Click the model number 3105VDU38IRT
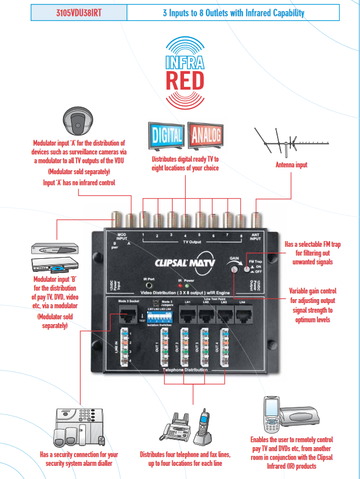point(79,12)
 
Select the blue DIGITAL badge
point(166,136)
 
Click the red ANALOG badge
point(207,136)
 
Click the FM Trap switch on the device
point(248,268)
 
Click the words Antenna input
point(291,165)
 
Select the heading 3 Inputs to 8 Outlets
point(233,12)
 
